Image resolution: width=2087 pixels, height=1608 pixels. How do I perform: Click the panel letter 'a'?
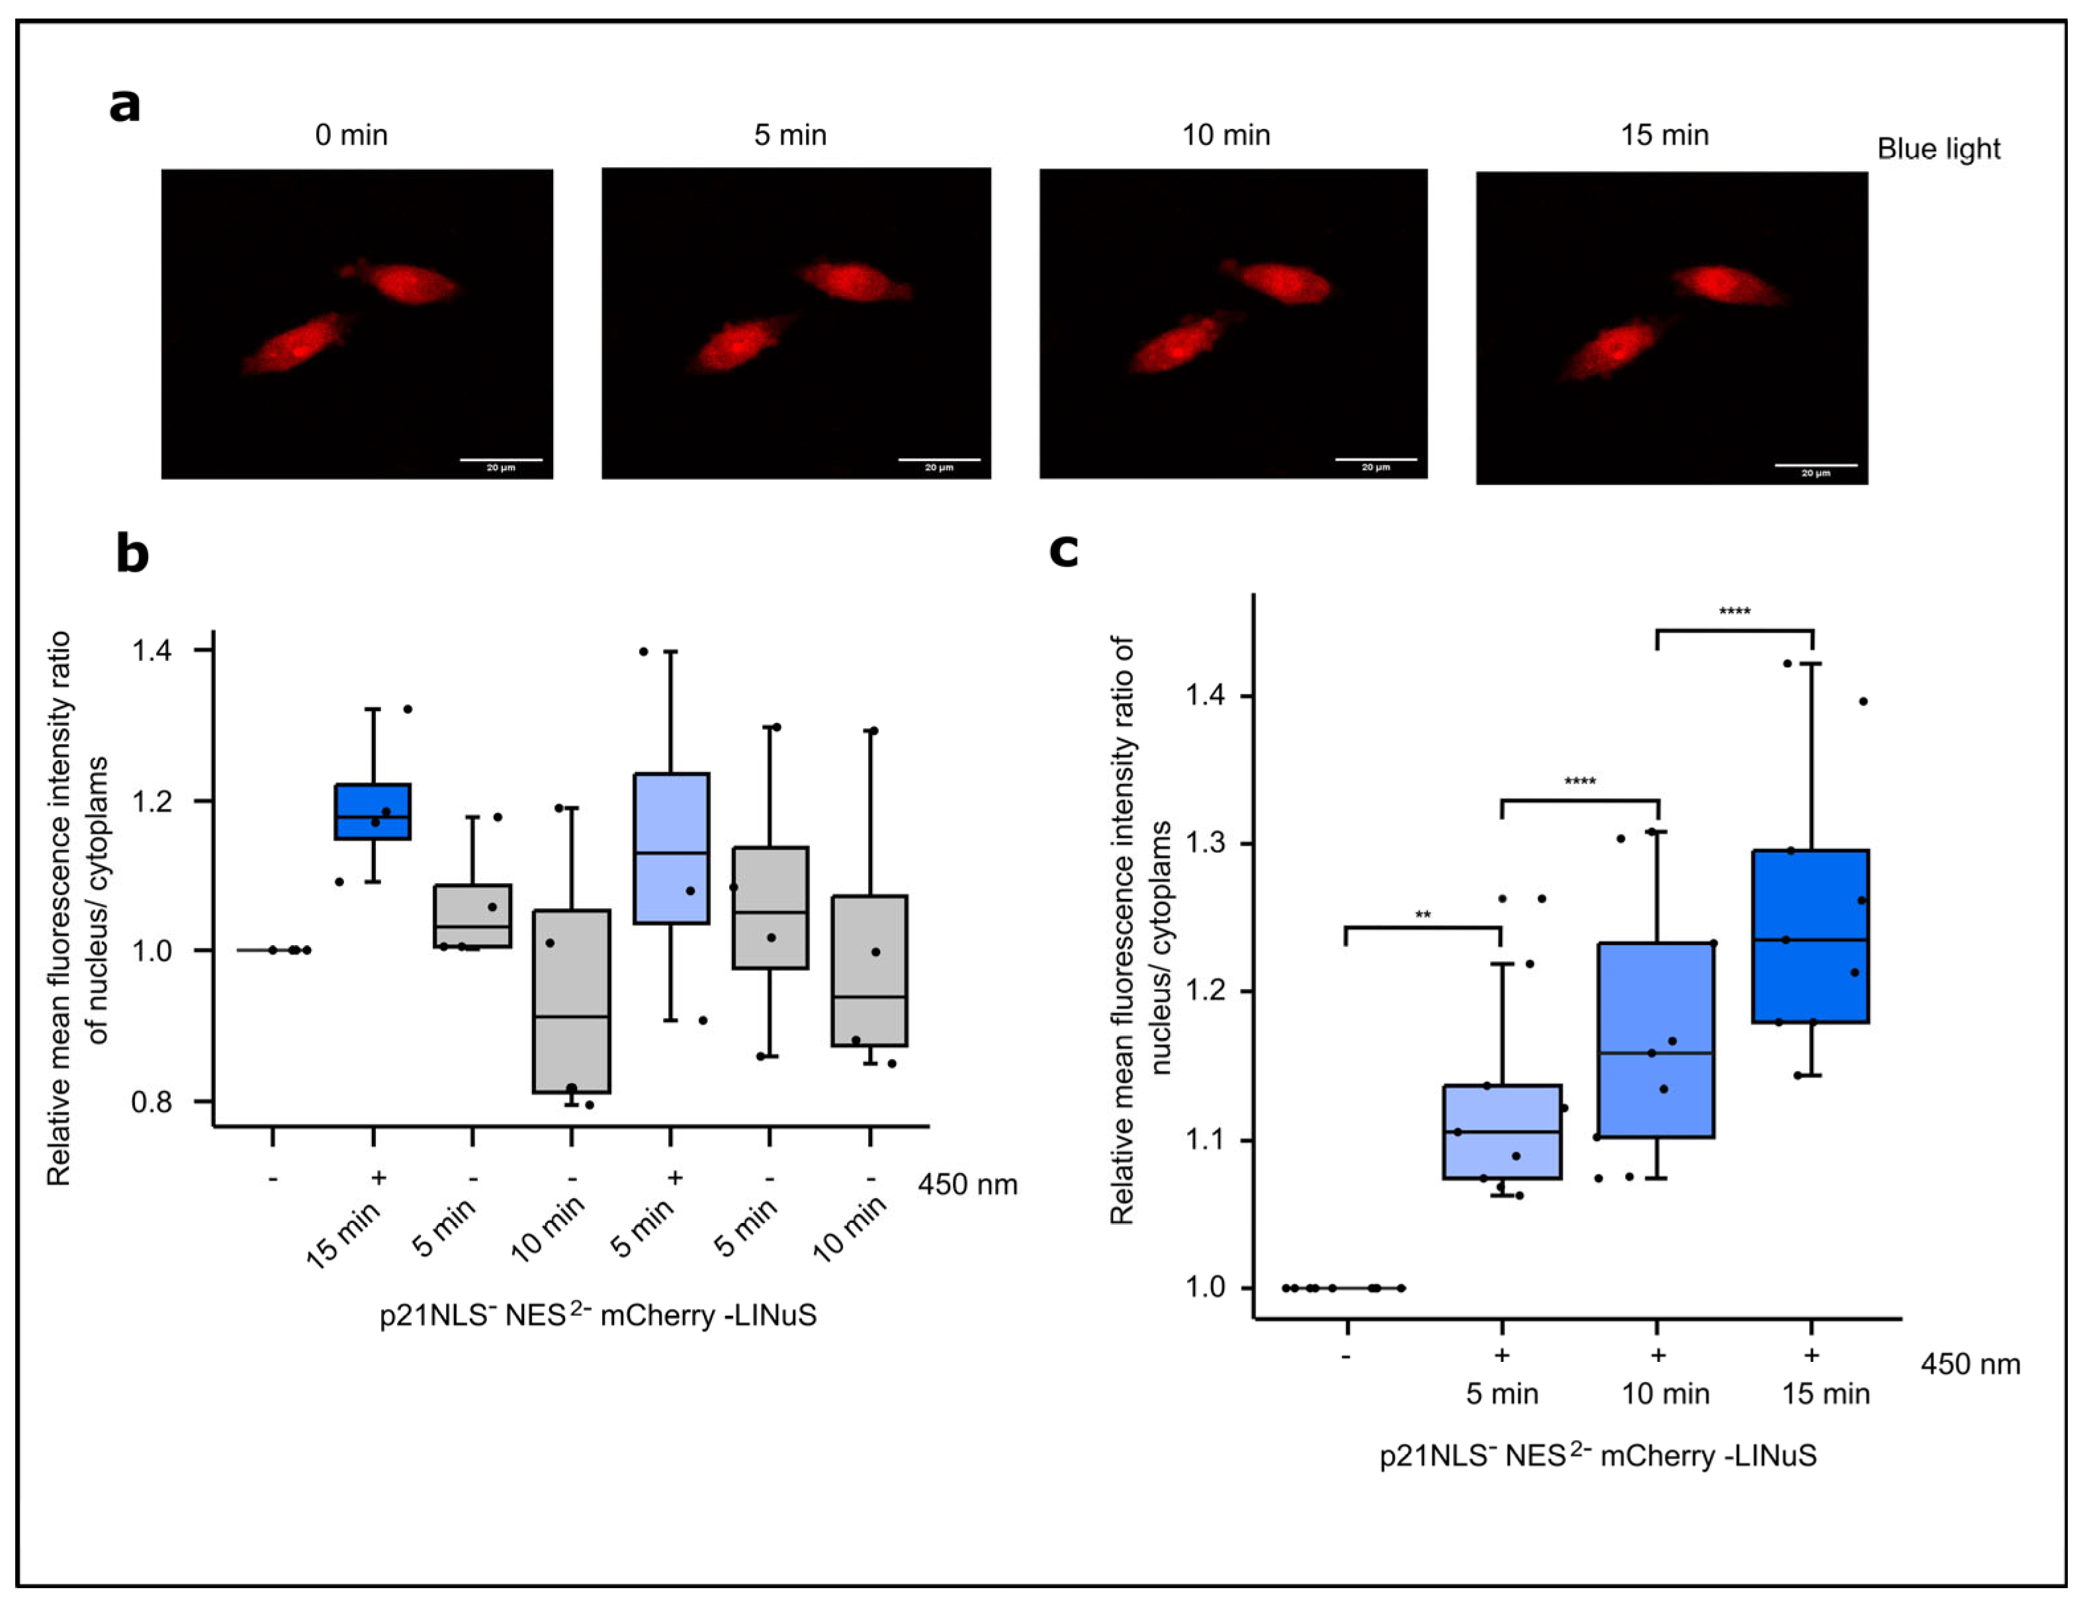point(125,105)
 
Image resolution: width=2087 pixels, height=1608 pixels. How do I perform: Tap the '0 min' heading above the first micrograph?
point(351,136)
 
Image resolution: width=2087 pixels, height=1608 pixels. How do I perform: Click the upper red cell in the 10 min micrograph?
point(1278,282)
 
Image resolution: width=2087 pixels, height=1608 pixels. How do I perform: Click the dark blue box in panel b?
point(373,812)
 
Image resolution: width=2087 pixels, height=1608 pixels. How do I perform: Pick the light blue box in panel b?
point(671,849)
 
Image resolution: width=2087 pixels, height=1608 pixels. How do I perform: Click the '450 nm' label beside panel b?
point(967,1185)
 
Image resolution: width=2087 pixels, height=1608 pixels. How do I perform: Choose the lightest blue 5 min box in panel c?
point(1501,1132)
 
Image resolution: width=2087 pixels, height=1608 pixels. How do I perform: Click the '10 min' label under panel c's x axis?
point(1665,1394)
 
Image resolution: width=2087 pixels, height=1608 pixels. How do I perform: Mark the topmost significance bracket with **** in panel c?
point(1734,630)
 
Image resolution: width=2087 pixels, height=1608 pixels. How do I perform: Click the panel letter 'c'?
point(1063,551)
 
